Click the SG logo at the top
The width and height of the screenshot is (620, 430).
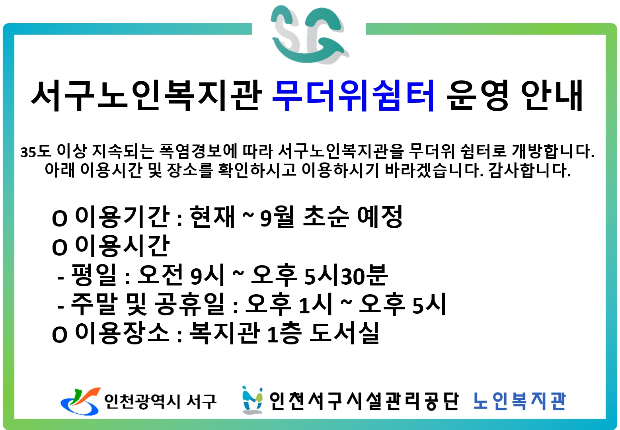pyautogui.click(x=310, y=35)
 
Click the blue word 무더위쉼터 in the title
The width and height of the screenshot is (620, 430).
pyautogui.click(x=353, y=96)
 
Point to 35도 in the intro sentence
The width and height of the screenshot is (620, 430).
pyautogui.click(x=36, y=151)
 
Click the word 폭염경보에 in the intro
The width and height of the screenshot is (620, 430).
pyautogui.click(x=198, y=151)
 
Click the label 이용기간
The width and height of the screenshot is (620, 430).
pyautogui.click(x=122, y=217)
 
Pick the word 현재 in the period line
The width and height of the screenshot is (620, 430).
pyautogui.click(x=212, y=217)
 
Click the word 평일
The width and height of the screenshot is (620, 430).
pyautogui.click(x=94, y=275)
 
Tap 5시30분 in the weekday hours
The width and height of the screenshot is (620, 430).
pyautogui.click(x=346, y=275)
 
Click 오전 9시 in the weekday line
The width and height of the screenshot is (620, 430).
pyautogui.click(x=180, y=275)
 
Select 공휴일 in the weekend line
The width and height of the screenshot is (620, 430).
pyautogui.click(x=189, y=304)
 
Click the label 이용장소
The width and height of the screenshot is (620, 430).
pyautogui.click(x=122, y=333)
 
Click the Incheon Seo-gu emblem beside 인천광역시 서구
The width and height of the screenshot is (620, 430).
pyautogui.click(x=80, y=401)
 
